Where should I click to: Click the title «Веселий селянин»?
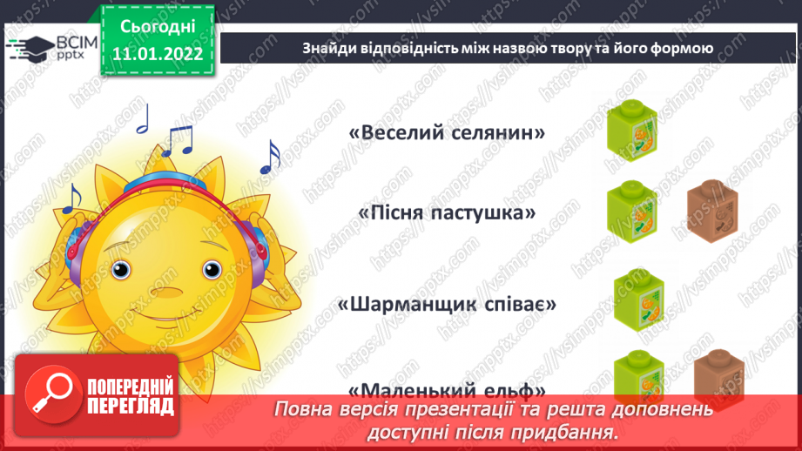[x=447, y=133]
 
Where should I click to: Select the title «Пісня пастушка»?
[x=447, y=213]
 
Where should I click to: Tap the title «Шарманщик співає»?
[x=447, y=306]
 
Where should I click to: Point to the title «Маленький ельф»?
[x=447, y=390]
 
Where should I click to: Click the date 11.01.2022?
[x=158, y=53]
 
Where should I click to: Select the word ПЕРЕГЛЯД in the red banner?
[x=131, y=406]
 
